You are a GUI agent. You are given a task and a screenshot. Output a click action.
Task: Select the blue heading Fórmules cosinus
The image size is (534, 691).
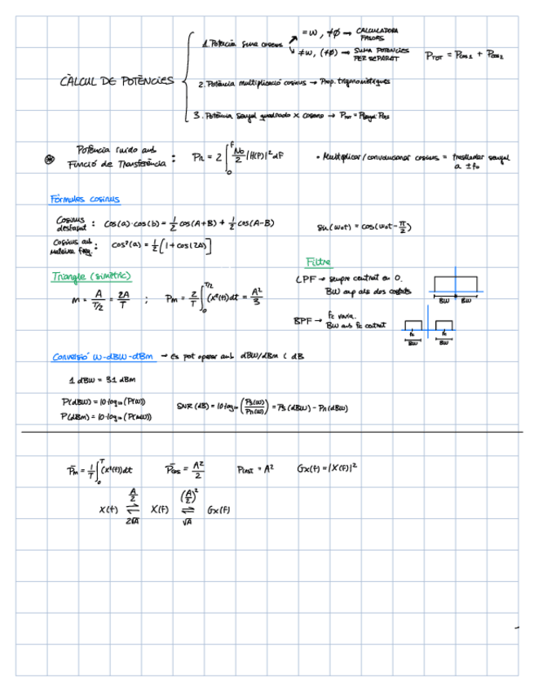tap(85, 199)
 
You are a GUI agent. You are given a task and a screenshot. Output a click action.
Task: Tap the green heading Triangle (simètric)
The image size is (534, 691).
tap(91, 276)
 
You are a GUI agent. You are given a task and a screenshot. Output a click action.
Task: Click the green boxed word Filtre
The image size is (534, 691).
tap(318, 262)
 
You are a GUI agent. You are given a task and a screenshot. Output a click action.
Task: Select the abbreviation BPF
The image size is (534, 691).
tap(304, 321)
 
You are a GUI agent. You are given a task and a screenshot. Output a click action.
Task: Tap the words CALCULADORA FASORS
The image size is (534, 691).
tap(377, 34)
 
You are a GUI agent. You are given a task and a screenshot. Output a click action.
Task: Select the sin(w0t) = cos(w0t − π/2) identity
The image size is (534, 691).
tap(363, 227)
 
